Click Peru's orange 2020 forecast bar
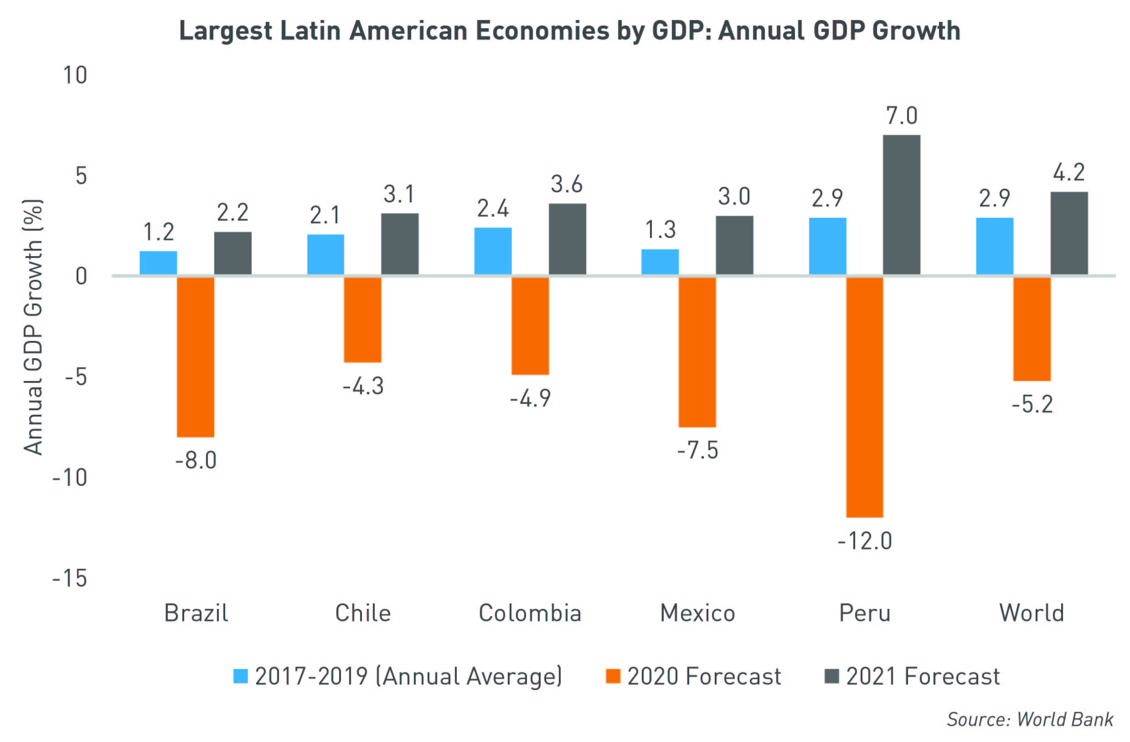(x=865, y=397)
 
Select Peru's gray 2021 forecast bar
(x=902, y=205)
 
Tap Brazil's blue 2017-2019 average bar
(x=158, y=263)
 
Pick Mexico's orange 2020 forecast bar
(x=697, y=352)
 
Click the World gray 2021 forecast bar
(x=1069, y=233)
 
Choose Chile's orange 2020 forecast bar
(x=363, y=319)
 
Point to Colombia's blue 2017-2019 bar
(x=493, y=251)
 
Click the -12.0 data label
(x=865, y=541)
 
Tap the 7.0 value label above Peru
(x=902, y=116)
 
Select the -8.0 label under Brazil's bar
(x=196, y=460)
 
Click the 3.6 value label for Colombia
(x=567, y=184)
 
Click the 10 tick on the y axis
(x=75, y=76)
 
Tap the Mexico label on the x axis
(x=697, y=613)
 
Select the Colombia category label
(x=530, y=613)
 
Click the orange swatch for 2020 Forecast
(x=613, y=676)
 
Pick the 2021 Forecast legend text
(x=923, y=676)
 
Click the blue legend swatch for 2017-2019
(x=241, y=676)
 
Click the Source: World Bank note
(x=1030, y=720)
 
